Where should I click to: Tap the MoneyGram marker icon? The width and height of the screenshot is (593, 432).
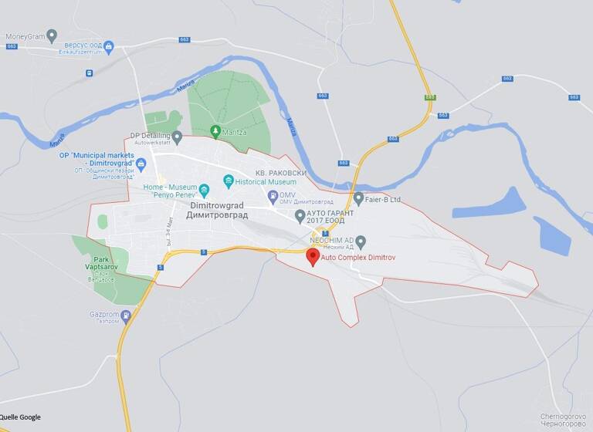[52, 35]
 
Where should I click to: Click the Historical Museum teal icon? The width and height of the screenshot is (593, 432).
[229, 181]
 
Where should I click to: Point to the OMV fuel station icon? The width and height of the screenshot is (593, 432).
[273, 197]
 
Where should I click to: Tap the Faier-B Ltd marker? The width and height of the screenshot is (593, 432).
[358, 198]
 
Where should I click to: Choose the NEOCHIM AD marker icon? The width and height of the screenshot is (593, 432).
[361, 241]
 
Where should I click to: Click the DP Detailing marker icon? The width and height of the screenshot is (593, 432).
[177, 137]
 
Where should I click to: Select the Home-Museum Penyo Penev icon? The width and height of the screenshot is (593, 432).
[204, 190]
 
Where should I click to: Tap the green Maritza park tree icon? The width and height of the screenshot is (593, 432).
[215, 132]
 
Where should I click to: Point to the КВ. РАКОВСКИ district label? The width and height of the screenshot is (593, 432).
[280, 173]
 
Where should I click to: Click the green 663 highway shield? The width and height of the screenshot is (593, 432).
[430, 97]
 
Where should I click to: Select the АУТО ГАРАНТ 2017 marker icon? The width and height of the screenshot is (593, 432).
[300, 214]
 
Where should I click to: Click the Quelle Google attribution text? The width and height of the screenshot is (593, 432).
[21, 417]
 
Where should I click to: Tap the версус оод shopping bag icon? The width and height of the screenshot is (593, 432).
[109, 47]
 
